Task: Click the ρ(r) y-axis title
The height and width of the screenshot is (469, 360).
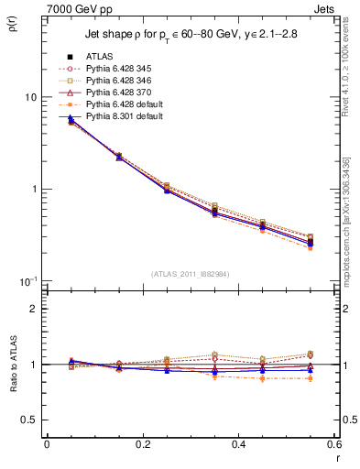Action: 12,22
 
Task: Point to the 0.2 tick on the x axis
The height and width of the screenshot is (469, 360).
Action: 142,445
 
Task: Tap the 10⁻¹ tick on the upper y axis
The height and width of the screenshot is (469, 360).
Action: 28,280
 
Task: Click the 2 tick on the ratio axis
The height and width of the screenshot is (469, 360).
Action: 34,309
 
